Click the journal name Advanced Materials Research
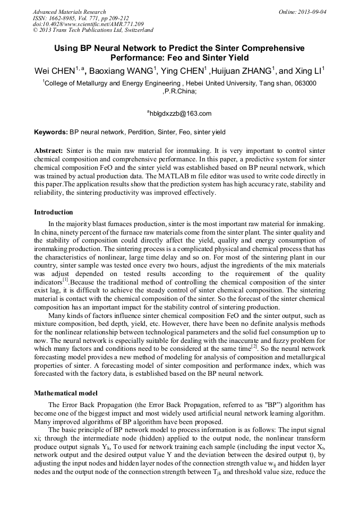(x=69, y=12)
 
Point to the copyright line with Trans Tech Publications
(x=93, y=31)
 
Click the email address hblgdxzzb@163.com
(x=181, y=113)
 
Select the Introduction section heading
(x=53, y=212)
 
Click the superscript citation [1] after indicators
(x=65, y=279)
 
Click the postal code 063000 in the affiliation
(x=305, y=83)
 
